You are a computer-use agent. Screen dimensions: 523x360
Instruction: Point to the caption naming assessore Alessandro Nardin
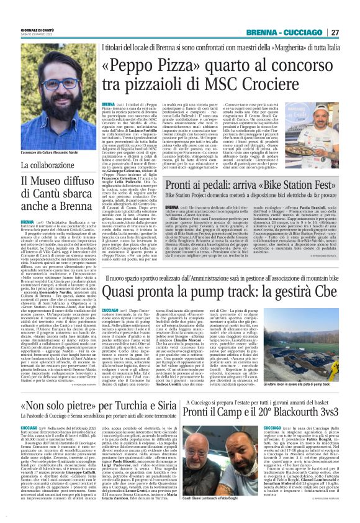[49, 151]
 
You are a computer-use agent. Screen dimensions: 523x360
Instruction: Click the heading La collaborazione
[52, 166]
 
